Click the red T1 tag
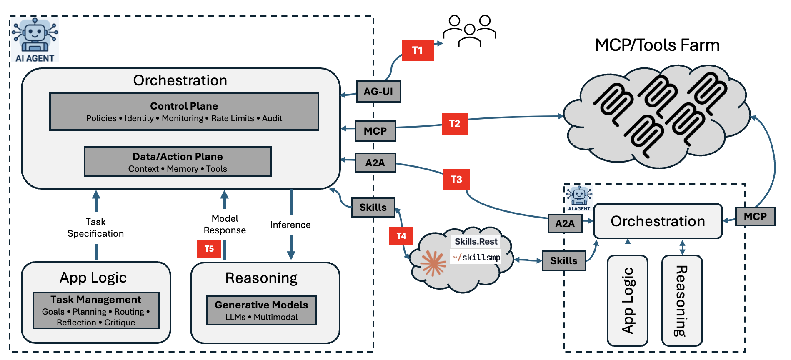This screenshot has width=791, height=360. coord(418,50)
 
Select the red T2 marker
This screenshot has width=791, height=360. coord(455,124)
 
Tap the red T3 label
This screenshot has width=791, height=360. coord(456,179)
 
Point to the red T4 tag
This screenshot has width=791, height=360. coord(401,236)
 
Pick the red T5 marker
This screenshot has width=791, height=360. coord(209,249)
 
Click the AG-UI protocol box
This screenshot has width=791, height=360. coord(378,92)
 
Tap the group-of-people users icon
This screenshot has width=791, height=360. coord(469,31)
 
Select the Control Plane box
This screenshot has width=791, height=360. coord(184,112)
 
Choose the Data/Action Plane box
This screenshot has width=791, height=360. coord(178,162)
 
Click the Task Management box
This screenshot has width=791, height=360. coord(96,310)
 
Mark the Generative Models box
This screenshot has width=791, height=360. coord(261,310)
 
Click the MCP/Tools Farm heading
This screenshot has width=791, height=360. coord(657,45)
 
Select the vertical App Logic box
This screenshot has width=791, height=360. coord(627,300)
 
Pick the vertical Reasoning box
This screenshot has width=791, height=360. coord(682,300)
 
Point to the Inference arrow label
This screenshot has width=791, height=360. coord(290,225)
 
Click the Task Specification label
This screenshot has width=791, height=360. coord(95,227)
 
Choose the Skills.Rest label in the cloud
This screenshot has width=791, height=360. coord(476,242)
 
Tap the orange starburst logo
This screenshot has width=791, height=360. coord(433,263)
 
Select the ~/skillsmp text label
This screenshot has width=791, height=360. coord(476,257)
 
